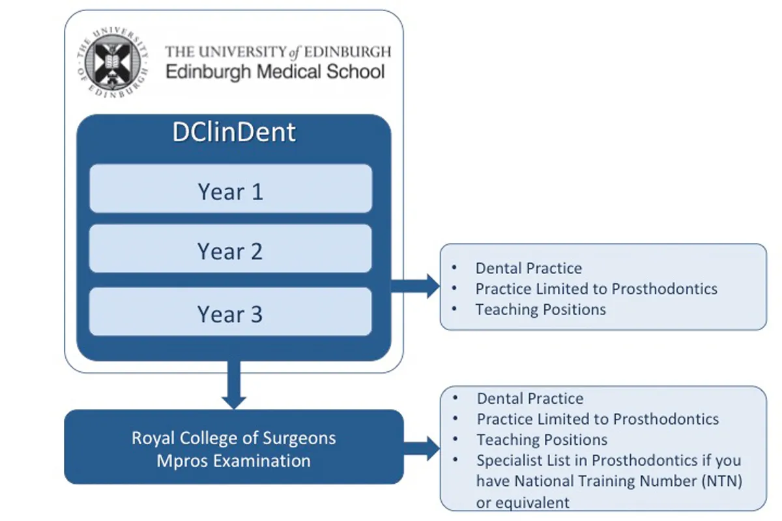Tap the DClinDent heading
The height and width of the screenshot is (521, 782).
click(x=233, y=132)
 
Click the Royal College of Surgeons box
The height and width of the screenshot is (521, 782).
click(x=233, y=447)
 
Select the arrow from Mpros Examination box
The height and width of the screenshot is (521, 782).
click(x=424, y=448)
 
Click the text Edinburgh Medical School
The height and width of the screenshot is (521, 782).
click(x=275, y=71)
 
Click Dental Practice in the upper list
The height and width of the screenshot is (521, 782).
click(x=529, y=268)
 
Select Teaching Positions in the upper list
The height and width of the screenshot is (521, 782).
click(x=540, y=309)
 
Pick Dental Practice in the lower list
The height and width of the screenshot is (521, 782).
click(x=530, y=399)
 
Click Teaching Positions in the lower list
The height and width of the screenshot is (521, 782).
click(x=542, y=440)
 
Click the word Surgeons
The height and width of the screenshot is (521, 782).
click(x=303, y=438)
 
